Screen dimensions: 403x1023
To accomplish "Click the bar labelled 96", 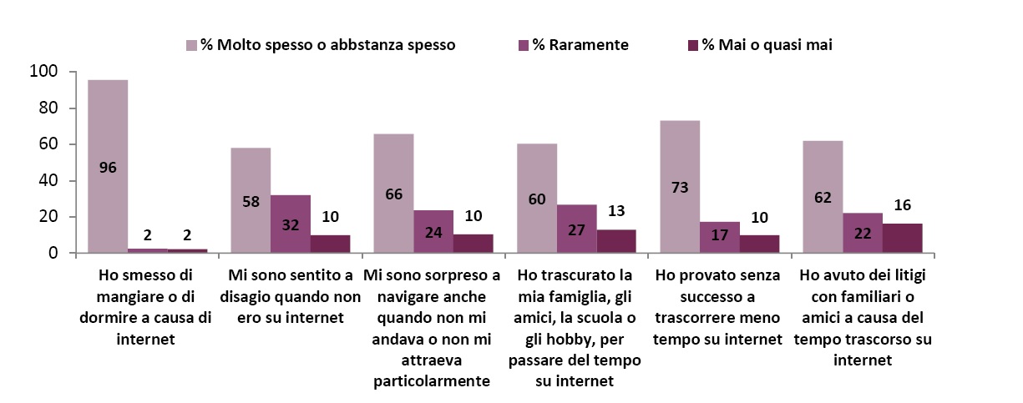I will (108, 166).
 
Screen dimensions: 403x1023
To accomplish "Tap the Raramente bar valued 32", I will (291, 224).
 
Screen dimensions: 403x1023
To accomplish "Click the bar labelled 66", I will (393, 193).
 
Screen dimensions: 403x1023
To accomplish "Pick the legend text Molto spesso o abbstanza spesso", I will (327, 45).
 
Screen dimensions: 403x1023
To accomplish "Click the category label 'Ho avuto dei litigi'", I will (863, 317).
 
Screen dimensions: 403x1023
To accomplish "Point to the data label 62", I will (823, 199).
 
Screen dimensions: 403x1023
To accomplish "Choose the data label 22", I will (863, 236).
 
